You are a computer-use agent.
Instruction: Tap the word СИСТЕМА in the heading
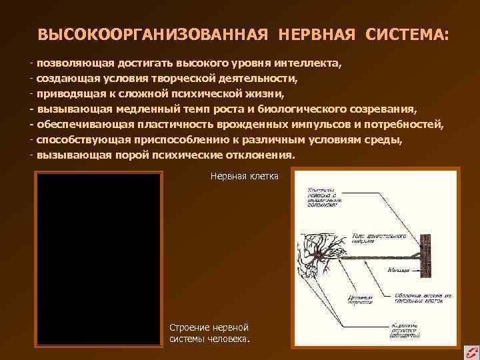(406, 34)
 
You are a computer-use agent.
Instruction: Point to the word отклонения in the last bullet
(261, 154)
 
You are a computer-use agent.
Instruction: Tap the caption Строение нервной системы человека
(210, 333)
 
